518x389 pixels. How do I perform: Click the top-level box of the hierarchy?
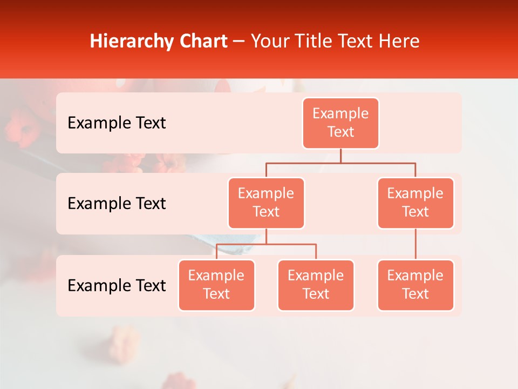tap(340, 123)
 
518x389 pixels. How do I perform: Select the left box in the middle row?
tap(266, 203)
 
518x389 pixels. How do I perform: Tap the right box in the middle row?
tap(415, 203)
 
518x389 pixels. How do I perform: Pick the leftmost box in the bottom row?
tap(216, 285)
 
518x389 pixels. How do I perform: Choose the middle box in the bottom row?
tap(316, 285)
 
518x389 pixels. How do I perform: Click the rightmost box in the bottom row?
tap(415, 285)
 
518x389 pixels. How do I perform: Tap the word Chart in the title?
tap(202, 41)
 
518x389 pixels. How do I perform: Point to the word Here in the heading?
tap(398, 41)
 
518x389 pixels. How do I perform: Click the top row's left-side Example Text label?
tap(117, 123)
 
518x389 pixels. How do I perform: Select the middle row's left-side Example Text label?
tap(117, 204)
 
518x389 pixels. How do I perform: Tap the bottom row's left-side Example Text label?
tap(117, 285)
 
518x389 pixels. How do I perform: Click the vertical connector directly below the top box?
tap(340, 156)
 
